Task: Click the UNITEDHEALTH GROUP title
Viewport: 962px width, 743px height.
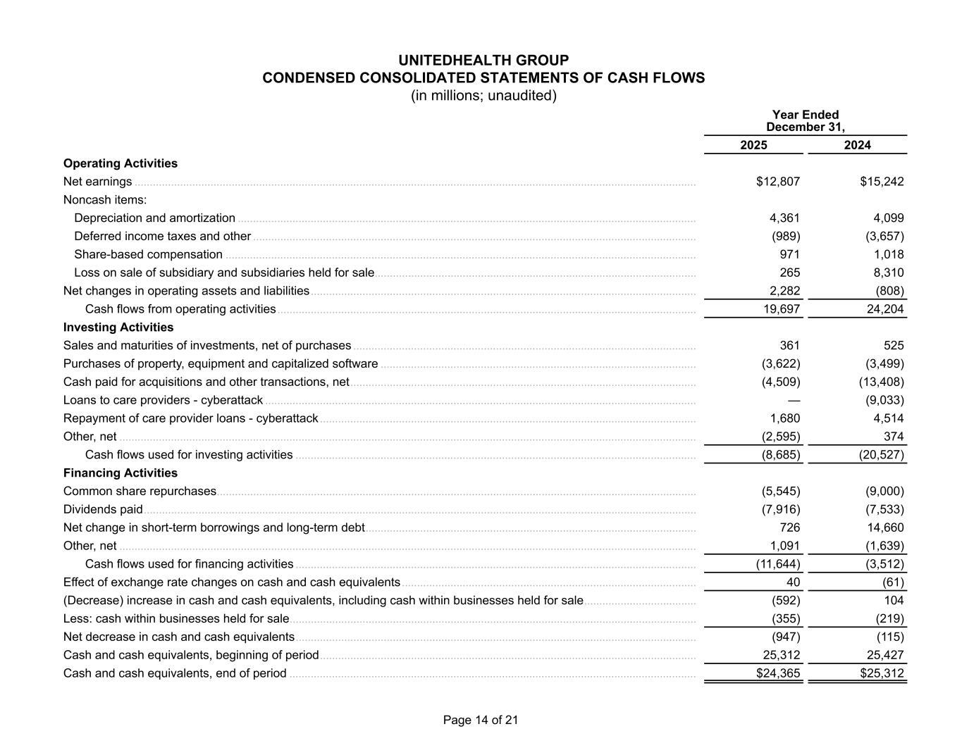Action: click(x=483, y=61)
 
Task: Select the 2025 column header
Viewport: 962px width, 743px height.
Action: click(x=753, y=145)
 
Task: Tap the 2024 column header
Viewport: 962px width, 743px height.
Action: click(x=857, y=145)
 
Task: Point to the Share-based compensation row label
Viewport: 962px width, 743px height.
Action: click(x=148, y=254)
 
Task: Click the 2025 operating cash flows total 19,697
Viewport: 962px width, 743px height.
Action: click(x=782, y=309)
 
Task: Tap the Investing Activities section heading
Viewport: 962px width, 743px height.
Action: click(x=118, y=327)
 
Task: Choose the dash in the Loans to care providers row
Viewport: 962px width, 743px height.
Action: click(x=794, y=400)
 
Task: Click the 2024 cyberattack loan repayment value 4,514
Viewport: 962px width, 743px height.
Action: click(x=887, y=418)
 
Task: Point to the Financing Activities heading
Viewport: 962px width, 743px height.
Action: click(x=121, y=473)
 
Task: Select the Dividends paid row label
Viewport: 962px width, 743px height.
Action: click(x=103, y=509)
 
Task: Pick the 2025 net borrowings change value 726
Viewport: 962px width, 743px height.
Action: click(x=789, y=527)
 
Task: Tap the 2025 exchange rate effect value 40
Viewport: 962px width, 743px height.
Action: click(x=793, y=582)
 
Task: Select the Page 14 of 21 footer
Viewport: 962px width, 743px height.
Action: click(x=481, y=720)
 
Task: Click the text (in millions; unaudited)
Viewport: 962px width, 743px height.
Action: click(x=483, y=96)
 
